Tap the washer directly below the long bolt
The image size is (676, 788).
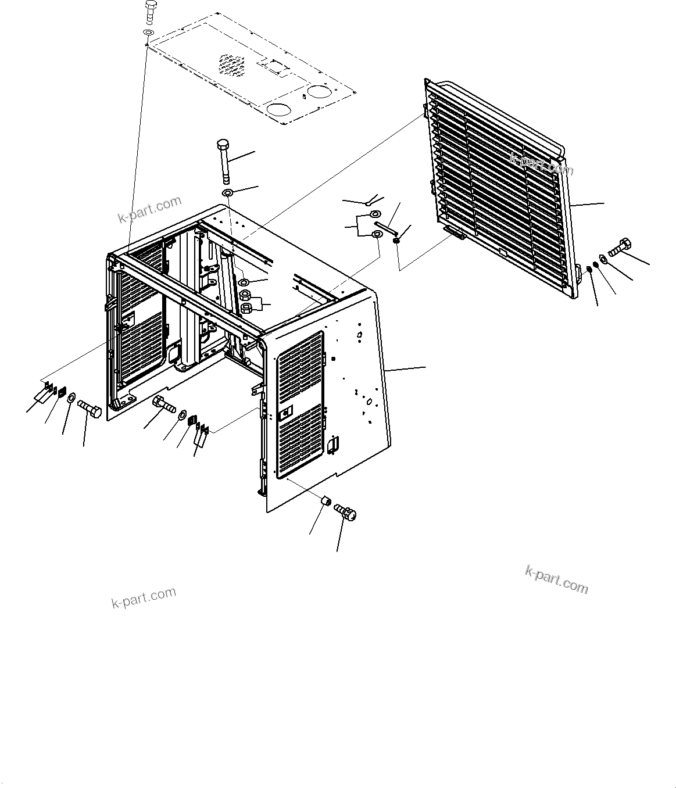pyautogui.click(x=228, y=192)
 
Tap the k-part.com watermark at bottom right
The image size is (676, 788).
pyautogui.click(x=556, y=579)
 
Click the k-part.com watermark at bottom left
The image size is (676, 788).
pyautogui.click(x=143, y=597)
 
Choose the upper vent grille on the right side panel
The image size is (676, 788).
pyautogui.click(x=301, y=370)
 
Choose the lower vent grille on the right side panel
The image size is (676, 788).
pyautogui.click(x=301, y=441)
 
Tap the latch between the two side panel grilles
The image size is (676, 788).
pyautogui.click(x=285, y=414)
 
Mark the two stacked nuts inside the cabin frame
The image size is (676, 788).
pyautogui.click(x=245, y=301)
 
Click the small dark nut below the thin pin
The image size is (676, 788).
pyautogui.click(x=396, y=240)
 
